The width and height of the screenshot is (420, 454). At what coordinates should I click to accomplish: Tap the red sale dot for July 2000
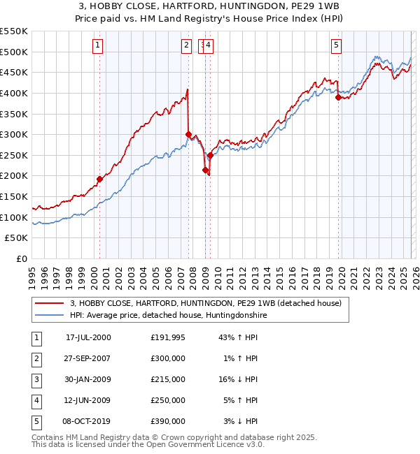[99, 180]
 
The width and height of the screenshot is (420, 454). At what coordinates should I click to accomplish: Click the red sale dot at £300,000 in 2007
[188, 134]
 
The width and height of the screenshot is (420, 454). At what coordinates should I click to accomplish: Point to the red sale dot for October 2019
[338, 97]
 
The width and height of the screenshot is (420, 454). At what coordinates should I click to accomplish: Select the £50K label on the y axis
[17, 238]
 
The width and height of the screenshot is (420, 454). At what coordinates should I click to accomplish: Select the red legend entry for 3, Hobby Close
[205, 303]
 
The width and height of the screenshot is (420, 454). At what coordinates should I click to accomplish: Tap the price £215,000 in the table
[168, 379]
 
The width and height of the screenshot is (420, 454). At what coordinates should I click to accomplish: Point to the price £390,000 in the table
[168, 421]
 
